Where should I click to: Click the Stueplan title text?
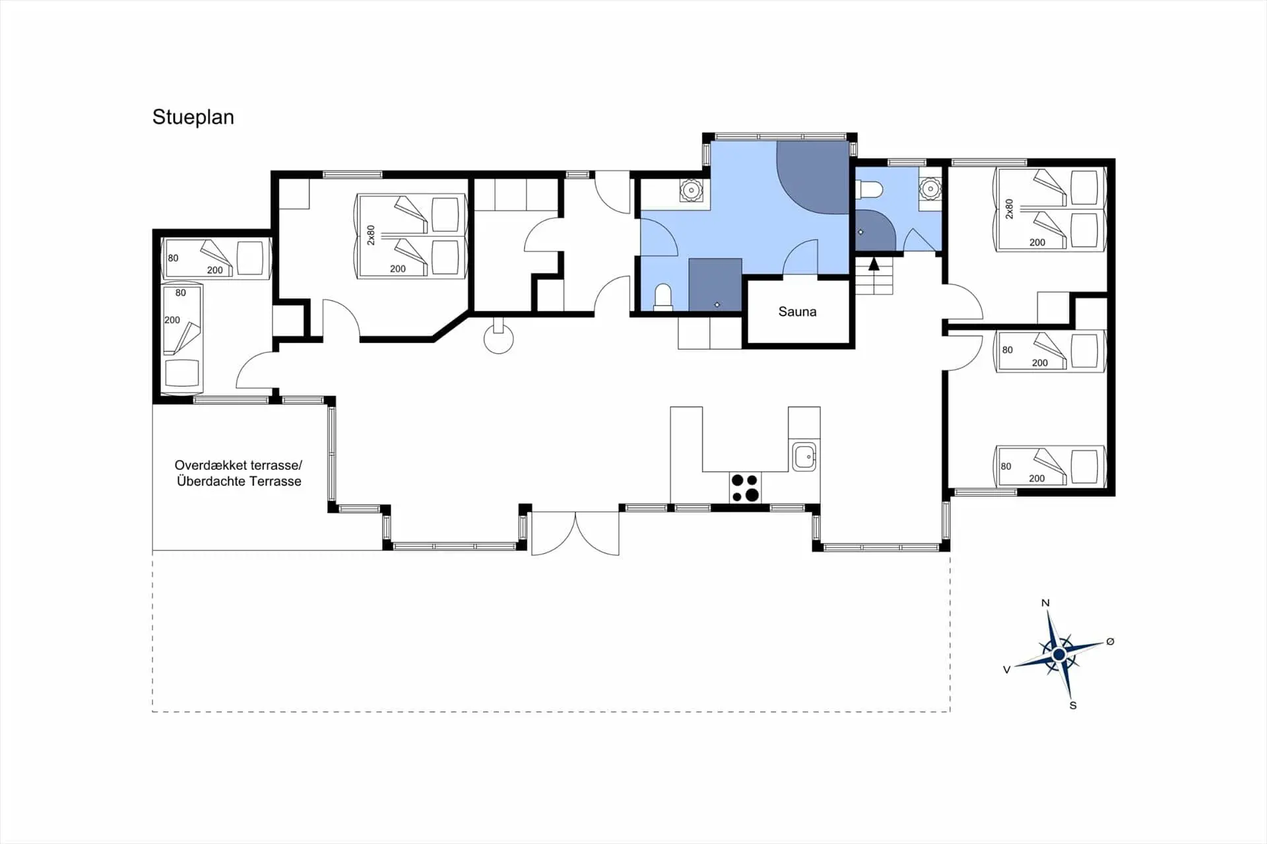193,117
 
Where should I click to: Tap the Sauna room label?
797,311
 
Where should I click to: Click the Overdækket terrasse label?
238,465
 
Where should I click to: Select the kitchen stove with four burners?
745,488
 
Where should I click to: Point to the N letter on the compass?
1045,602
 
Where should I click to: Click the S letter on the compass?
1073,705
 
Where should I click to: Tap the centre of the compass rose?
1059,654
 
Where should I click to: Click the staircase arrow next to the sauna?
874,265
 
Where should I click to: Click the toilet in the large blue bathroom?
663,296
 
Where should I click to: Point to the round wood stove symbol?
498,339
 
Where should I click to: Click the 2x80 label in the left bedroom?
371,235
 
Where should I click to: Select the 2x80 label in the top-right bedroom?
1009,209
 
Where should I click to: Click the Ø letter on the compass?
1110,641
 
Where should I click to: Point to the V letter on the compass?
1006,669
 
